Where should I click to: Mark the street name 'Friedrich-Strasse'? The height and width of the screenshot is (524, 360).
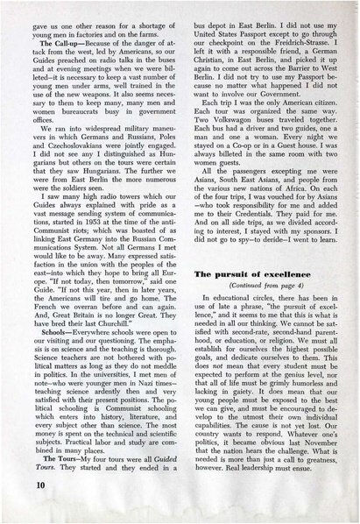(x=305, y=39)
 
